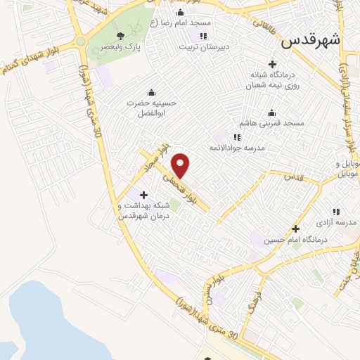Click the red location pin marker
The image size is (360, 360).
pyautogui.click(x=181, y=165)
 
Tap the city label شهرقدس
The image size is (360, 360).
pyautogui.click(x=310, y=40)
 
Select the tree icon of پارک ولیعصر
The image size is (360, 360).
pyautogui.click(x=121, y=36)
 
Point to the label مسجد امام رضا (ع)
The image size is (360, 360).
pyautogui.click(x=185, y=22)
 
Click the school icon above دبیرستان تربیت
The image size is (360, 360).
pyautogui.click(x=204, y=36)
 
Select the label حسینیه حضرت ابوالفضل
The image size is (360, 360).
pyautogui.click(x=150, y=108)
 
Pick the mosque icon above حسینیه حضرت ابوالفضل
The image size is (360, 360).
pyautogui.click(x=150, y=92)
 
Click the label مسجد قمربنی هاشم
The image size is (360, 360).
pyautogui.click(x=276, y=124)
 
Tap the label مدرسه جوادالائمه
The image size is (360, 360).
pyautogui.click(x=236, y=148)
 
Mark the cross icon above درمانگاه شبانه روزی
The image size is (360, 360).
pyautogui.click(x=273, y=63)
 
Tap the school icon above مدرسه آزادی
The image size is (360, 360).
pyautogui.click(x=335, y=212)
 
